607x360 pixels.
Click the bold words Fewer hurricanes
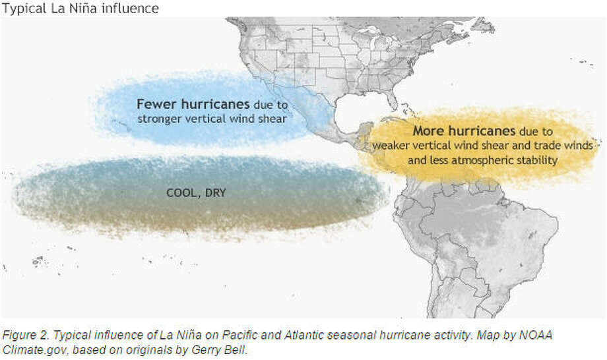click(193, 104)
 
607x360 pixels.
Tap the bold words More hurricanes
click(464, 131)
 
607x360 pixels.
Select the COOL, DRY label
click(196, 193)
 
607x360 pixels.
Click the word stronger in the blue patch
click(160, 119)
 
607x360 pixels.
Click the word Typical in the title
click(24, 9)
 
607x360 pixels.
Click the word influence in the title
click(131, 9)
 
